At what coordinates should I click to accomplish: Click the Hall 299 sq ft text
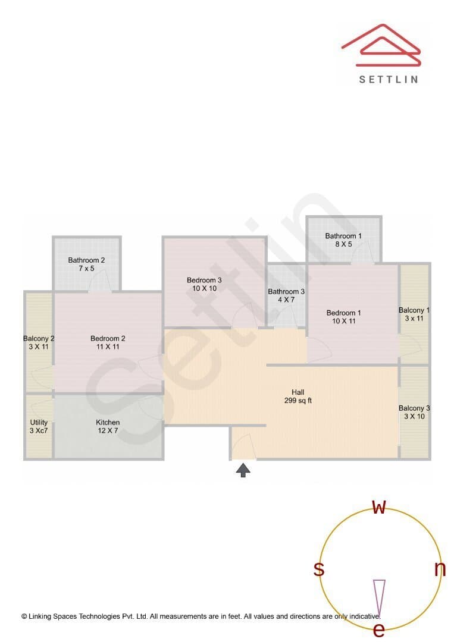(298, 396)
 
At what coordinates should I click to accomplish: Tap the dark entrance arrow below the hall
(243, 470)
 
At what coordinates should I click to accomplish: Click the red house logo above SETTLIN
(381, 45)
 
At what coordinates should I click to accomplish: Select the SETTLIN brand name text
(389, 80)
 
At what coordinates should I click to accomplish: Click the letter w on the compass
(380, 507)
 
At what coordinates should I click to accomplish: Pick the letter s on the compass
(319, 569)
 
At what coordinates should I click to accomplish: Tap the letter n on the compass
(440, 569)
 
